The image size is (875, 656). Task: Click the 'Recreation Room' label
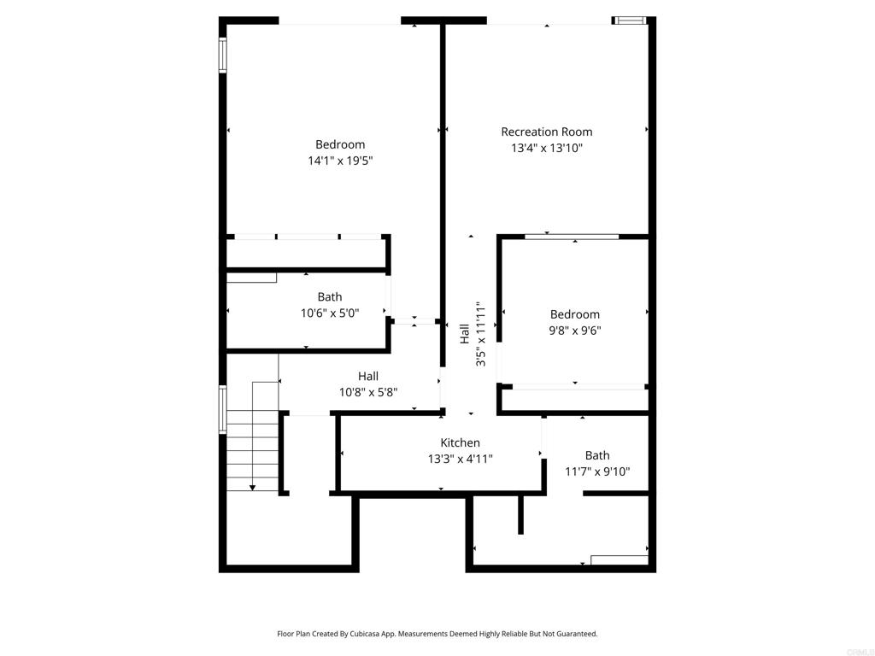tap(546, 132)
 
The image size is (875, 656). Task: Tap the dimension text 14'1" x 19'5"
tap(340, 161)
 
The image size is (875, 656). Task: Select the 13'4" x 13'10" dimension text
tap(546, 148)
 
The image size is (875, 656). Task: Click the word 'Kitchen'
tap(460, 442)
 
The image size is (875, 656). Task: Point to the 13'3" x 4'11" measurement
tap(460, 459)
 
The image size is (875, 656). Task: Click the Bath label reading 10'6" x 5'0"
tap(330, 313)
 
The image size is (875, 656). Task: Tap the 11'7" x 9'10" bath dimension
tap(597, 471)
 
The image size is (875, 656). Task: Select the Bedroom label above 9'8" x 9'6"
tap(574, 314)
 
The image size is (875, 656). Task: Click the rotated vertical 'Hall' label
tap(464, 333)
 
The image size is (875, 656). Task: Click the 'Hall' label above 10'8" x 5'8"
tap(367, 376)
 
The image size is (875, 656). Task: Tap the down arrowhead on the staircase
tap(253, 487)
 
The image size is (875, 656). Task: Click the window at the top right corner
tap(631, 20)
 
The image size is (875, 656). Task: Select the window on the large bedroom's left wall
tap(222, 56)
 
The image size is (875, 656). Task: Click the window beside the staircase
tap(222, 410)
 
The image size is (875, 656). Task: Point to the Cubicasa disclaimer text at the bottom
tap(437, 634)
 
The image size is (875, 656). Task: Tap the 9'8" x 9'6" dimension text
tap(574, 331)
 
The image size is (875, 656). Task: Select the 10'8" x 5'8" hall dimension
tap(367, 393)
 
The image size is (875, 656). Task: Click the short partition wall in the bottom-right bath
tap(520, 514)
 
